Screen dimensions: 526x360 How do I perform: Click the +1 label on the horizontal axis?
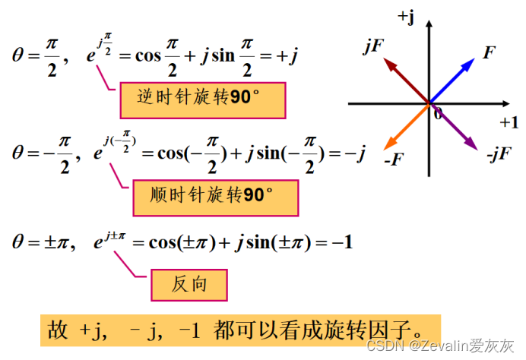pyautogui.click(x=507, y=122)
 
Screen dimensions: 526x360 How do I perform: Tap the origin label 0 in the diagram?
pyautogui.click(x=437, y=113)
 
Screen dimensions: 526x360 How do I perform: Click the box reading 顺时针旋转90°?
pyautogui.click(x=215, y=195)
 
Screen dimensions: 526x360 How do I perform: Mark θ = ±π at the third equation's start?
pyautogui.click(x=41, y=243)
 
